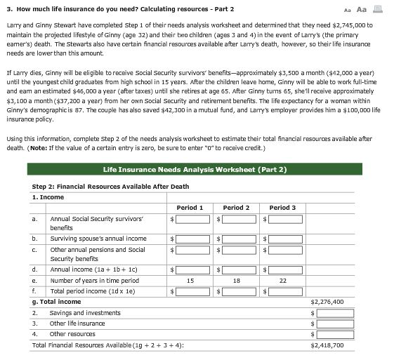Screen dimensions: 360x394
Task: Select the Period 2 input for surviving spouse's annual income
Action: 238,239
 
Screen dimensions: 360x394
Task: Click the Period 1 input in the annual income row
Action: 192,269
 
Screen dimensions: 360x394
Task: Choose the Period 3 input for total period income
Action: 282,291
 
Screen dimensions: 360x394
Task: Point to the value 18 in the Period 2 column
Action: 236,280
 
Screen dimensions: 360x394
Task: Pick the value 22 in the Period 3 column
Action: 282,280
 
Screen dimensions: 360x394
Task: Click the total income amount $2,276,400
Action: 327,302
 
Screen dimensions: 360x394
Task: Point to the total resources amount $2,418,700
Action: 327,345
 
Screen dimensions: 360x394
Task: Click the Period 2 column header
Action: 236,208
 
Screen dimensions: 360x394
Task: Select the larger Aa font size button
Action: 362,9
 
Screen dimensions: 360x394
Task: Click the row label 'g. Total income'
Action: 57,302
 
